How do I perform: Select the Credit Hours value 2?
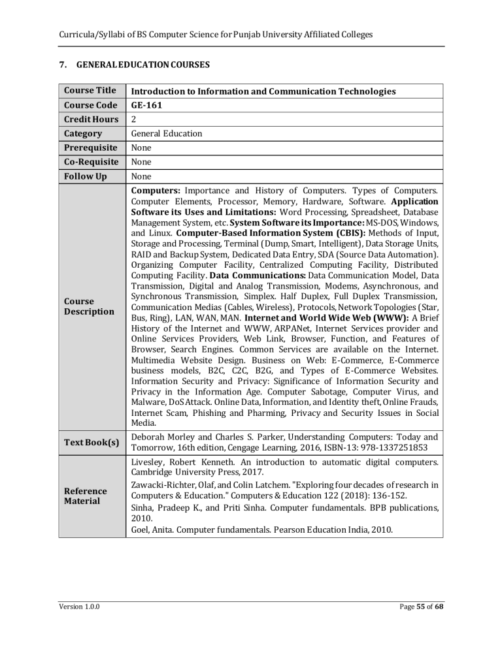click(x=134, y=119)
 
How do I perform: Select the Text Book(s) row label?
click(x=90, y=443)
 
